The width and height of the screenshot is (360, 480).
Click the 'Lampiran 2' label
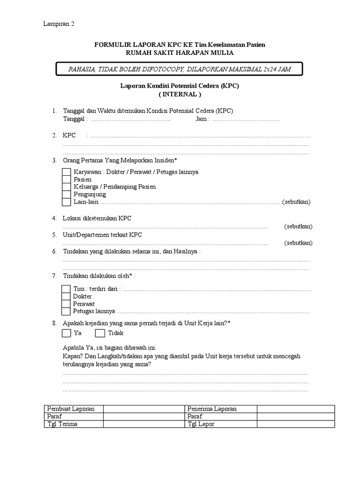(59, 24)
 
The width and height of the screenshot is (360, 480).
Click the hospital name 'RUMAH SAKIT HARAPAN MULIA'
(180, 53)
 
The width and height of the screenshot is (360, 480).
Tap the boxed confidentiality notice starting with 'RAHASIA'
(180, 69)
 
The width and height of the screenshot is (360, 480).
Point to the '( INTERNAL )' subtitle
(180, 94)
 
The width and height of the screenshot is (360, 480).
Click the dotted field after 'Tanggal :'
(131, 120)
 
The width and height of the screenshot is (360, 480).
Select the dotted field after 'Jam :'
(245, 120)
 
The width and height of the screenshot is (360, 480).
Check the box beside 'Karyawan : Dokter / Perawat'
(67, 172)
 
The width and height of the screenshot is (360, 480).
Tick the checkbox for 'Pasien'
(67, 180)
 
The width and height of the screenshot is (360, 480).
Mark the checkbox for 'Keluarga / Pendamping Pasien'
(67, 187)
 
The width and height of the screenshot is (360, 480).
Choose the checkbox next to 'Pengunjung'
(67, 195)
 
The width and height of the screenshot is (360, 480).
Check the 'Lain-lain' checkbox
(67, 202)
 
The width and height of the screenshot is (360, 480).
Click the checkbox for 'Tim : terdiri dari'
(67, 289)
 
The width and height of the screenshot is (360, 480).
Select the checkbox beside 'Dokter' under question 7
(67, 296)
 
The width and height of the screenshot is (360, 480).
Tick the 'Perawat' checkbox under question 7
(67, 304)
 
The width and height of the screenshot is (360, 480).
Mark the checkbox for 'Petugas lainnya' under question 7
(67, 311)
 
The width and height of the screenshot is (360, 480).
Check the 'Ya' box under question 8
(67, 333)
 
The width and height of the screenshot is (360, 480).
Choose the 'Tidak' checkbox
(100, 333)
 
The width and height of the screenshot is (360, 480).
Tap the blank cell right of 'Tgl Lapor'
(295, 424)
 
